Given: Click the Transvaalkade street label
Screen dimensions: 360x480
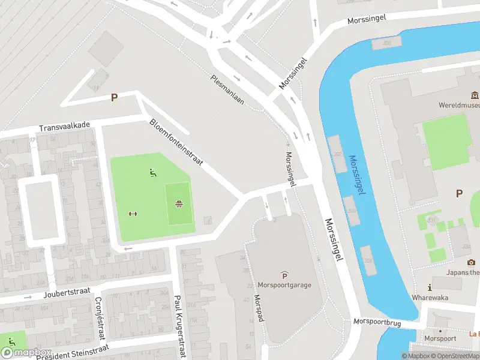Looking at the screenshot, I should click(64, 127).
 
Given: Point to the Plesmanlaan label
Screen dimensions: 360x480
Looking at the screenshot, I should click(227, 90).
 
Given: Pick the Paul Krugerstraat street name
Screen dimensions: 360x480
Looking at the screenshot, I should click(178, 325).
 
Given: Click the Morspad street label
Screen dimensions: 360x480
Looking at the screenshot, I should click(259, 308).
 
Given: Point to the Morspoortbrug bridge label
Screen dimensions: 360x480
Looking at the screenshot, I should click(376, 322).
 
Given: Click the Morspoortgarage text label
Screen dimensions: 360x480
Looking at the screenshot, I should click(284, 285).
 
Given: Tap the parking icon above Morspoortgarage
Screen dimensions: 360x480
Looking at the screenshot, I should click(284, 275).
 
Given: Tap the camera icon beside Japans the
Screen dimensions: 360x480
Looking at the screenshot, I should click(471, 262).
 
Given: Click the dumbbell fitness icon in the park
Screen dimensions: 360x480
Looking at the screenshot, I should click(133, 214).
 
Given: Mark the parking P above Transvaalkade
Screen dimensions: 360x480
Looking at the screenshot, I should click(114, 97).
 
